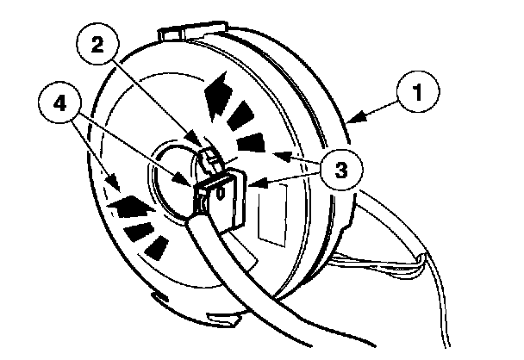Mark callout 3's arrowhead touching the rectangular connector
pyautogui.click(x=252, y=183)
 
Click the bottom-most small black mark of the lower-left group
pyautogui.click(x=156, y=249)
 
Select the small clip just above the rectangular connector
pyautogui.click(x=210, y=158)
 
